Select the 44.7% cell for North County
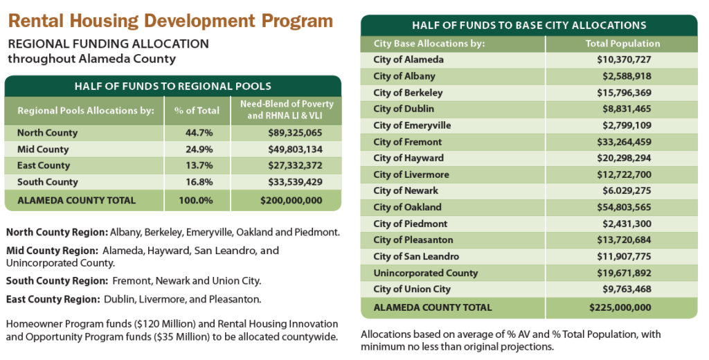point(197,133)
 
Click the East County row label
point(44,166)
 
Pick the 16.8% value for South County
point(197,182)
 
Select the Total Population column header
point(622,44)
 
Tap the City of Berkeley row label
point(408,93)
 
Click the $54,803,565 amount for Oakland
point(622,208)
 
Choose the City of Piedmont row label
point(410,224)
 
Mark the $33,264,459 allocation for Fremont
point(622,142)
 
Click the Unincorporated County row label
point(425,273)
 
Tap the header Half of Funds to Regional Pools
point(172,87)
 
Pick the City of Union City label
point(411,289)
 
